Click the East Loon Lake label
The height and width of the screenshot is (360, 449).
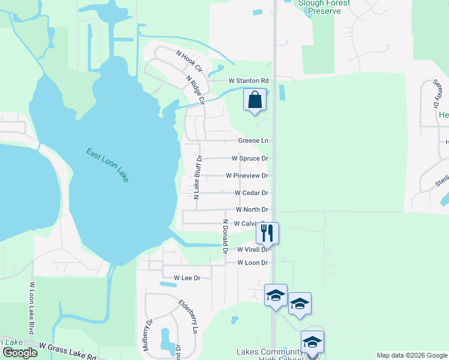(107, 165)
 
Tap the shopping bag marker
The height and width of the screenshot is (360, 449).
(255, 99)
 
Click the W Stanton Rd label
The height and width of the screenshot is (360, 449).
(247, 80)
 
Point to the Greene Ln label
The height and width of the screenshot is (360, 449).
(253, 140)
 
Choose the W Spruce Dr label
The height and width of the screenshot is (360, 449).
(250, 158)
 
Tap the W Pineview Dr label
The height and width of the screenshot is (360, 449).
(247, 176)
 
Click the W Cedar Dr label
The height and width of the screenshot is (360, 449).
(252, 193)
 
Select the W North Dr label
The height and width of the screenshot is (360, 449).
(252, 209)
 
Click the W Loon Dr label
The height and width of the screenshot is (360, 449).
(252, 263)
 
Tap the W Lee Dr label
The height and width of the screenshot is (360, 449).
(187, 278)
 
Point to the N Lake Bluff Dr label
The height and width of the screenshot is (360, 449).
(196, 176)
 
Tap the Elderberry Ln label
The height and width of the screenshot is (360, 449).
(188, 316)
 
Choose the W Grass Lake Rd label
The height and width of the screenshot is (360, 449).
(68, 351)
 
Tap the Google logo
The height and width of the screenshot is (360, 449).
(20, 353)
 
